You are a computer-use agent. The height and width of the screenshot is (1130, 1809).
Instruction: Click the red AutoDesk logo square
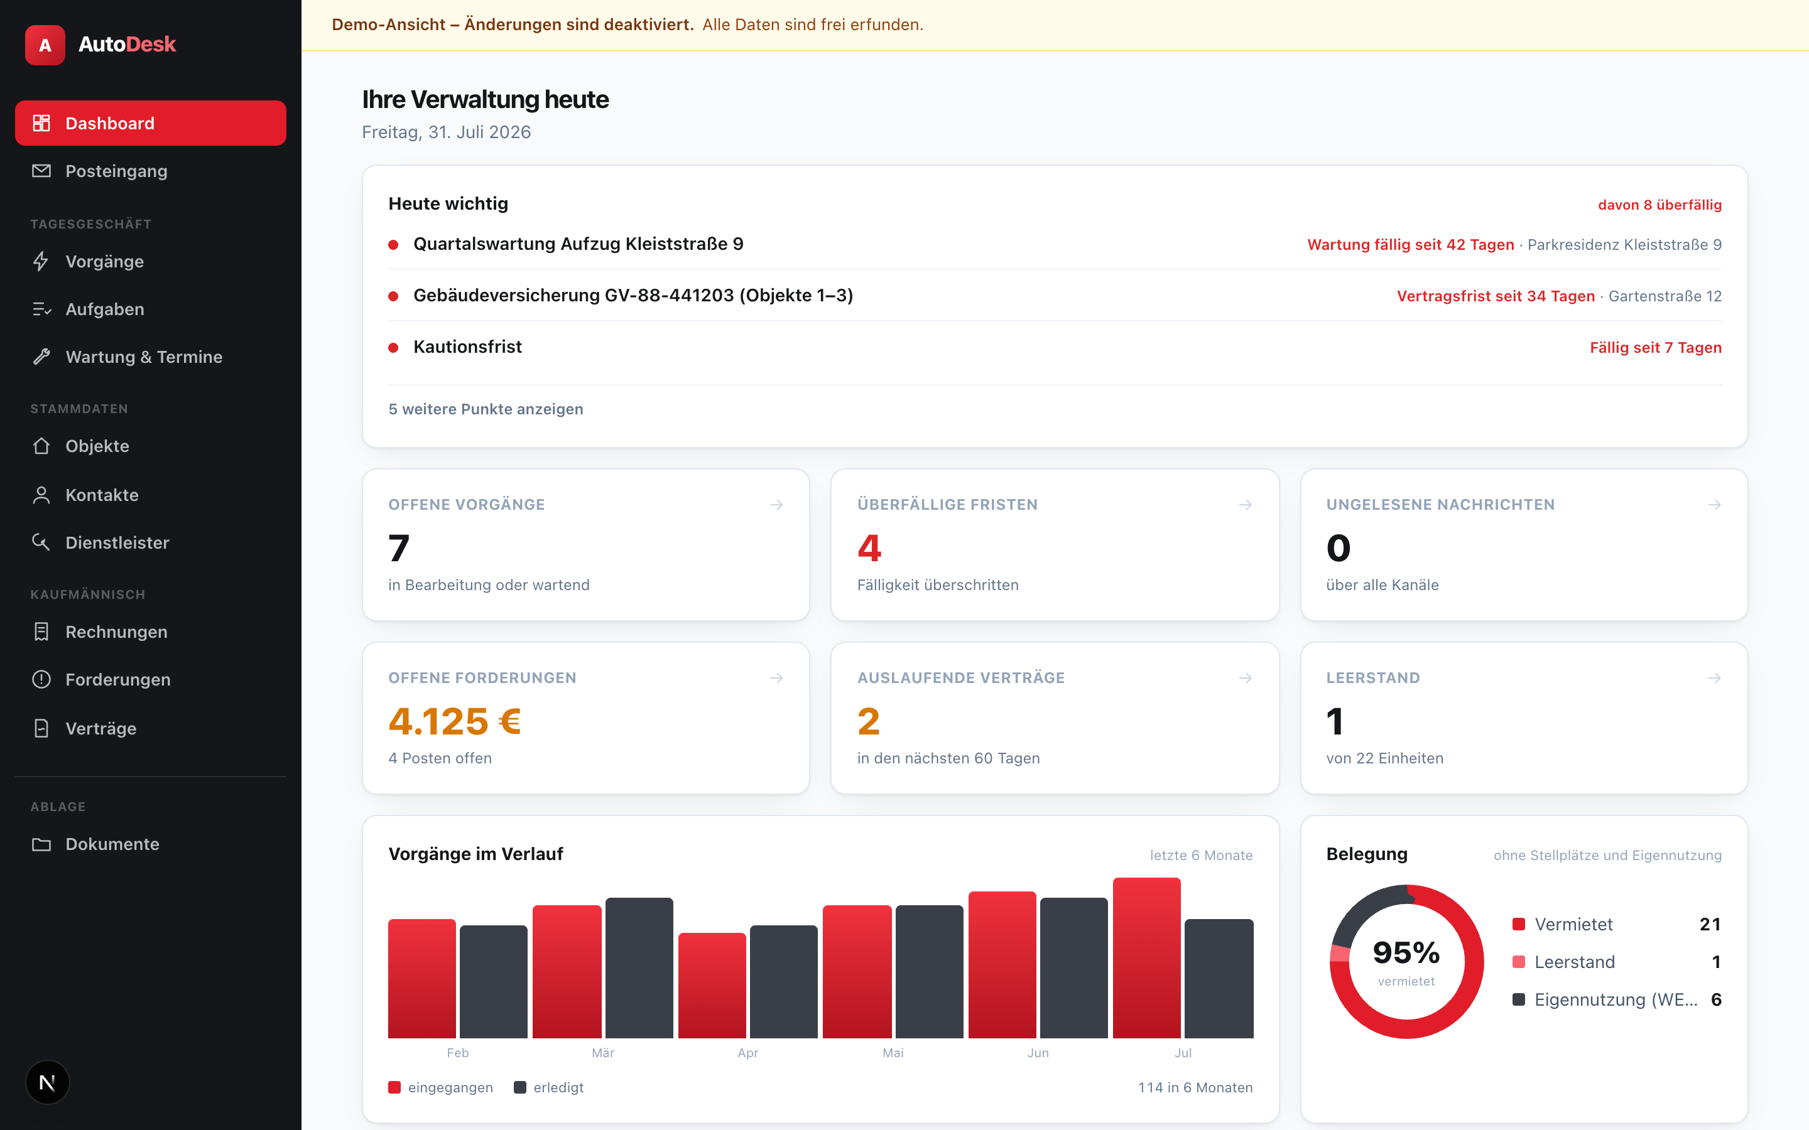coord(45,45)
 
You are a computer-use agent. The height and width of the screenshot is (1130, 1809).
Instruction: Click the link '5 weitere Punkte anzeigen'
coord(486,409)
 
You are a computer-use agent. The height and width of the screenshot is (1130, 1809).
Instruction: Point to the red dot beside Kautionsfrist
coord(393,348)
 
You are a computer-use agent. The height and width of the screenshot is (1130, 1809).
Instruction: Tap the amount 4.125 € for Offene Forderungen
coord(455,721)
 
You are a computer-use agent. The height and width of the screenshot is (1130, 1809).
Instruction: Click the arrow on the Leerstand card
coord(1714,678)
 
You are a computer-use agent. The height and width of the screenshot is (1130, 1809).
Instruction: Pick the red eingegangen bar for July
coord(1147,958)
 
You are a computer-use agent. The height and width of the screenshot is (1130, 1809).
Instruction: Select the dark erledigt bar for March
coord(639,968)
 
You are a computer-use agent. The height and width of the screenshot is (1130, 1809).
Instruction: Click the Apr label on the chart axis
coord(747,1052)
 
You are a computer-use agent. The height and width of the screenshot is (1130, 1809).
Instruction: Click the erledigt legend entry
coord(549,1087)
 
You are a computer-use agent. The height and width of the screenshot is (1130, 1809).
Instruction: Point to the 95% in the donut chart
coord(1406,952)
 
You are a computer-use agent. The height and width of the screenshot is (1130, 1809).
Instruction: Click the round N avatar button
coord(47,1082)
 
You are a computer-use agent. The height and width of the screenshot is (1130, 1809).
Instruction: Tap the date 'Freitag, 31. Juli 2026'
coord(446,132)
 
